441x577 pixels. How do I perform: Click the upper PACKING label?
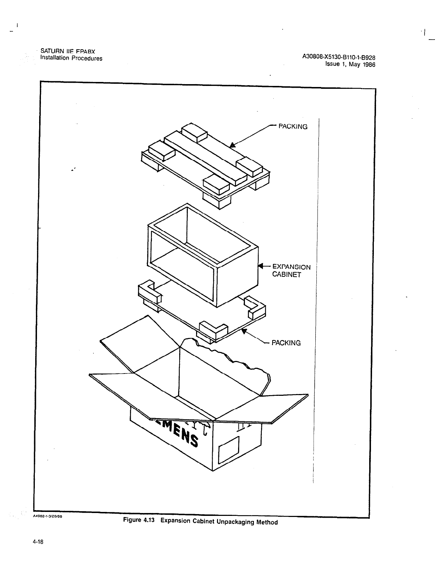(x=293, y=127)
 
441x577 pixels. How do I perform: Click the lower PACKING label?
(x=286, y=343)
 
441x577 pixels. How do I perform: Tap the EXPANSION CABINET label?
(x=291, y=270)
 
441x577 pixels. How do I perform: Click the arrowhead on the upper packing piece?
(x=233, y=145)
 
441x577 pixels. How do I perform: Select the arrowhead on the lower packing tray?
(x=244, y=331)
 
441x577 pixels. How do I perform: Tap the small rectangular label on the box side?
(x=229, y=450)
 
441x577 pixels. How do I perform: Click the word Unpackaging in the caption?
(x=235, y=522)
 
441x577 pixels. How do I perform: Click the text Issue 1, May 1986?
(x=350, y=65)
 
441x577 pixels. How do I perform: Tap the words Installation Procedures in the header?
(x=71, y=58)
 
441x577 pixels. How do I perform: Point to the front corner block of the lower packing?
(x=214, y=330)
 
